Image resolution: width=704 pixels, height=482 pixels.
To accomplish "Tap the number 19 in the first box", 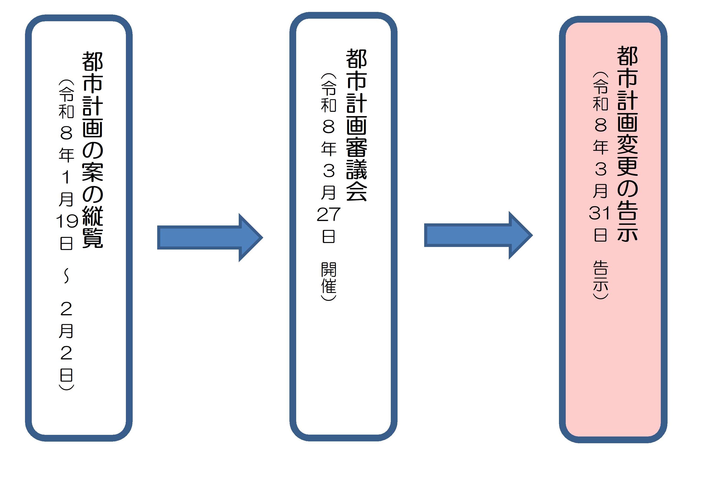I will [x=67, y=222].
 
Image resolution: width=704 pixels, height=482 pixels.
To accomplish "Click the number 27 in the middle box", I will [x=328, y=214].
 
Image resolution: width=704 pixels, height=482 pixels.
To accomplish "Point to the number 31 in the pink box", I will [x=600, y=213].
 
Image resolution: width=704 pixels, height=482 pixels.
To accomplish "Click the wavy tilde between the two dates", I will [x=66, y=276].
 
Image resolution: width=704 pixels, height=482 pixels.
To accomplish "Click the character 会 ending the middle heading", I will [x=356, y=191].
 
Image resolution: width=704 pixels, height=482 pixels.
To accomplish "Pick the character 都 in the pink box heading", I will [x=627, y=56].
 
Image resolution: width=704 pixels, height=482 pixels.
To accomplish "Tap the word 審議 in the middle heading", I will [x=356, y=158].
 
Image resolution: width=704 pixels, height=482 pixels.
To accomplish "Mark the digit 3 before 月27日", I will [x=328, y=170].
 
